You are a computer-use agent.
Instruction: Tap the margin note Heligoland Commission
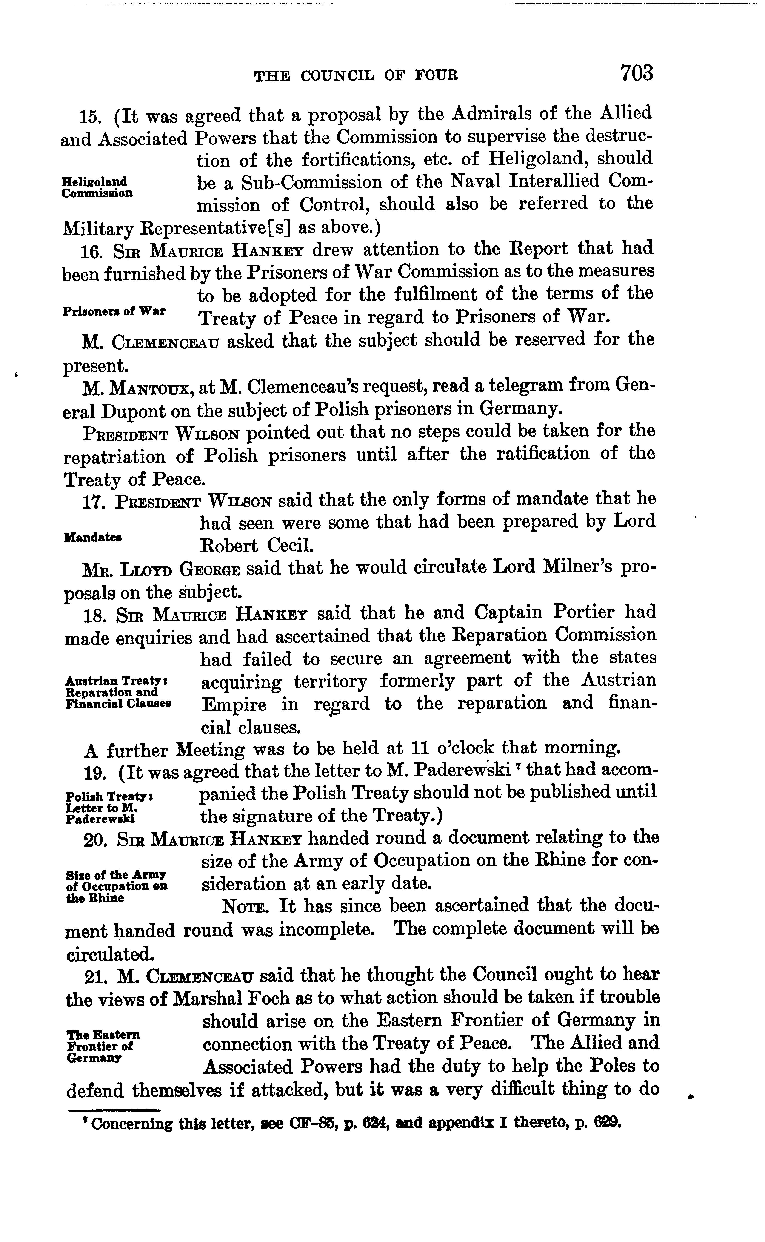click(x=97, y=187)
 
